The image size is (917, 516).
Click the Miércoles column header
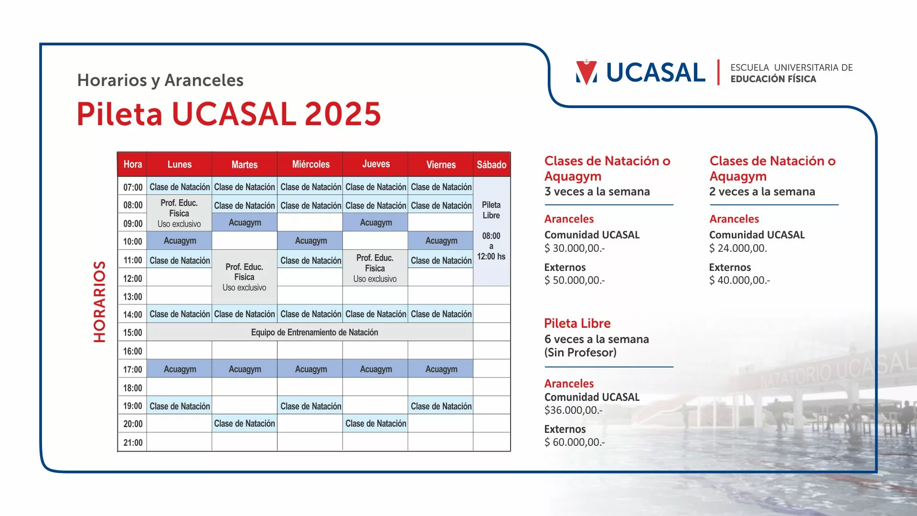pyautogui.click(x=310, y=164)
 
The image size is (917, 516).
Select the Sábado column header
pyautogui.click(x=491, y=164)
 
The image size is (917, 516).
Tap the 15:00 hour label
pyautogui.click(x=133, y=333)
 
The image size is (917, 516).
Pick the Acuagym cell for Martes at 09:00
pyautogui.click(x=245, y=223)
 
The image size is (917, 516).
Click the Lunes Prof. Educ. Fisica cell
pyautogui.click(x=179, y=213)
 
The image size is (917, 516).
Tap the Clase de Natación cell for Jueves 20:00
pyautogui.click(x=375, y=423)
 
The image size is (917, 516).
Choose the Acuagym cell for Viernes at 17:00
pyautogui.click(x=441, y=369)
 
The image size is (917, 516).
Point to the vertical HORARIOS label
pyautogui.click(x=99, y=301)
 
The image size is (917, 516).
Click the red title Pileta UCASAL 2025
pyautogui.click(x=229, y=114)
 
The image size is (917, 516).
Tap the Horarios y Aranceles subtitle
pyautogui.click(x=160, y=80)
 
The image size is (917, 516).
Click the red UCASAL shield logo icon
pyautogui.click(x=586, y=72)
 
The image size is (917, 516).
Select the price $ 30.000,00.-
pyautogui.click(x=575, y=248)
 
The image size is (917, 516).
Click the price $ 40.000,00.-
pyautogui.click(x=739, y=280)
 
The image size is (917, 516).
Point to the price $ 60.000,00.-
pyautogui.click(x=575, y=442)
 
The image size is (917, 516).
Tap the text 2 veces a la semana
pyautogui.click(x=762, y=192)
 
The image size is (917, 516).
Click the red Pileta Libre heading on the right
pyautogui.click(x=577, y=323)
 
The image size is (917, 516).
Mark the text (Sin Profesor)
pyautogui.click(x=580, y=353)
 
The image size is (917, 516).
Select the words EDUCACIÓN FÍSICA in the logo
pyautogui.click(x=773, y=79)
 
